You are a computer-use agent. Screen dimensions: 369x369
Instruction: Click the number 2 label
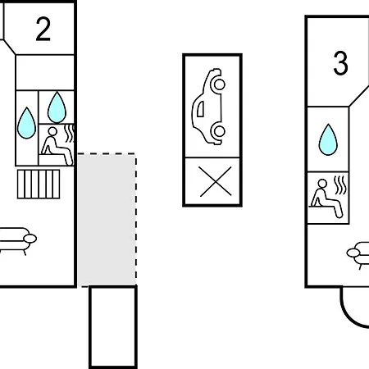[x=43, y=29]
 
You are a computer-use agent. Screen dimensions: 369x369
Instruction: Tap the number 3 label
[x=340, y=63]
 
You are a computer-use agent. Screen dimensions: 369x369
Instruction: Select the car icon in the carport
[x=209, y=107]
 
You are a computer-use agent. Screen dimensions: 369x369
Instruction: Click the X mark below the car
[x=216, y=181]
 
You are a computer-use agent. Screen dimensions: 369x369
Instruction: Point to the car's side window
[x=200, y=109]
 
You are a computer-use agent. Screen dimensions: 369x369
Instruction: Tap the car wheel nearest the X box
[x=219, y=131]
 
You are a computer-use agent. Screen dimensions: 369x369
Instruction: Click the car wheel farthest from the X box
[x=219, y=84]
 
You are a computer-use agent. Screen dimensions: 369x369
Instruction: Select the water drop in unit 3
[x=328, y=139]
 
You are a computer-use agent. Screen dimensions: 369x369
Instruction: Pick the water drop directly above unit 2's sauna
[x=57, y=107]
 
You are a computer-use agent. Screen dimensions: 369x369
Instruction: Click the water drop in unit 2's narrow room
[x=26, y=123]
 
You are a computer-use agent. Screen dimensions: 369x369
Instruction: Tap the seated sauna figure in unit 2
[x=57, y=146]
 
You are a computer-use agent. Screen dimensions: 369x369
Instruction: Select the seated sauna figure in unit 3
[x=326, y=198]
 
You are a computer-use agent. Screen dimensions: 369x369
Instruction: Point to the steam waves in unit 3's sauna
[x=340, y=185]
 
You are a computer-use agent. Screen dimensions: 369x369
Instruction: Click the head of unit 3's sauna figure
[x=322, y=184]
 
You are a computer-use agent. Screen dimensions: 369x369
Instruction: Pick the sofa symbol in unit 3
[x=358, y=255]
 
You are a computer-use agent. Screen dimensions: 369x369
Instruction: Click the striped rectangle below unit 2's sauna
[x=39, y=184]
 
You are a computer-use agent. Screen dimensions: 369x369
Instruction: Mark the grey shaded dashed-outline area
[x=107, y=220]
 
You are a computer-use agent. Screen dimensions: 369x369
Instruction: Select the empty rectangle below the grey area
[x=113, y=327]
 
